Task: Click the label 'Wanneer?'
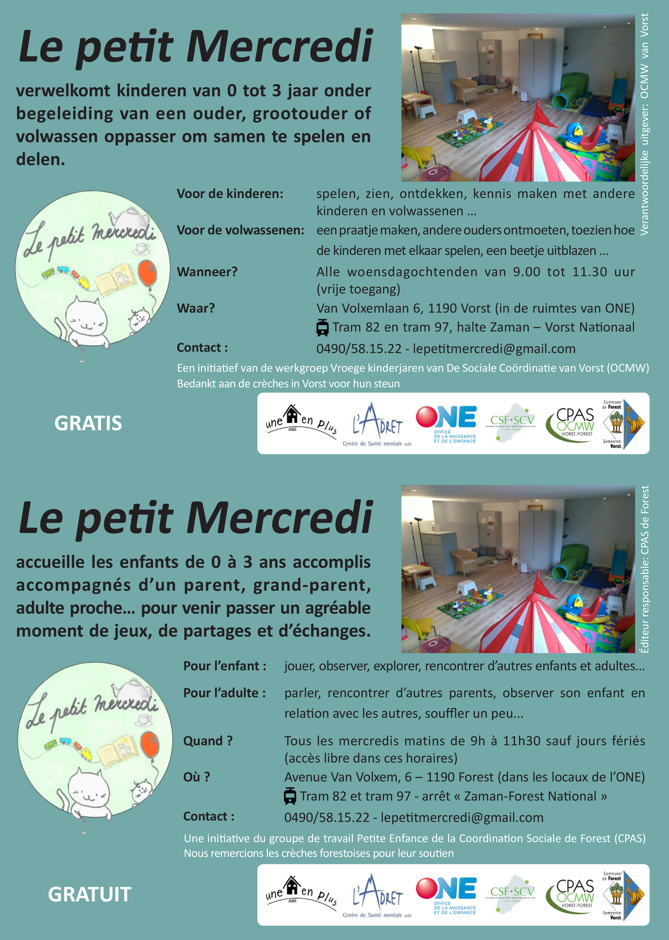pyautogui.click(x=207, y=272)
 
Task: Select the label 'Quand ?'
pyautogui.click(x=208, y=741)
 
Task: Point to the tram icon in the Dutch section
pyautogui.click(x=323, y=327)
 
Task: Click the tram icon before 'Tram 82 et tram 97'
pyautogui.click(x=290, y=796)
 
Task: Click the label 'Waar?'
pyautogui.click(x=196, y=308)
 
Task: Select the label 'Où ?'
pyautogui.click(x=196, y=777)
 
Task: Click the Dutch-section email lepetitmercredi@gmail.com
pyautogui.click(x=494, y=349)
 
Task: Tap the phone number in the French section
pyautogui.click(x=327, y=817)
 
